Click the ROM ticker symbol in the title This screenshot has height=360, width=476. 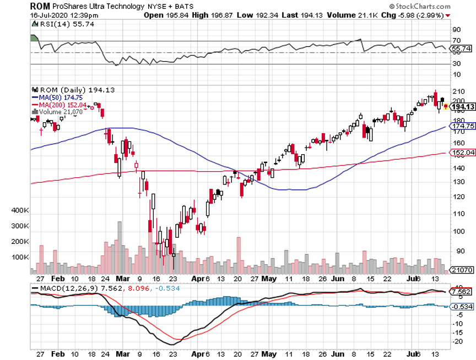pyautogui.click(x=40, y=6)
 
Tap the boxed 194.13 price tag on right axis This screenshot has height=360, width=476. pyautogui.click(x=462, y=107)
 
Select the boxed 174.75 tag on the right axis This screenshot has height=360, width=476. pyautogui.click(x=462, y=127)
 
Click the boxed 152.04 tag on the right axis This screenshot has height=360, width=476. pyautogui.click(x=462, y=152)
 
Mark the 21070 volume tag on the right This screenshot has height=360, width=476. pyautogui.click(x=462, y=270)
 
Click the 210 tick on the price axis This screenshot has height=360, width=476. pyautogui.click(x=457, y=91)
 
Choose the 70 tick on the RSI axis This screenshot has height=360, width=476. pyautogui.click(x=456, y=41)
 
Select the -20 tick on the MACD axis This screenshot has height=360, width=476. pyautogui.click(x=457, y=341)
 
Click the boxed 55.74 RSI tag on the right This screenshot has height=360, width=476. pyautogui.click(x=462, y=49)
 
